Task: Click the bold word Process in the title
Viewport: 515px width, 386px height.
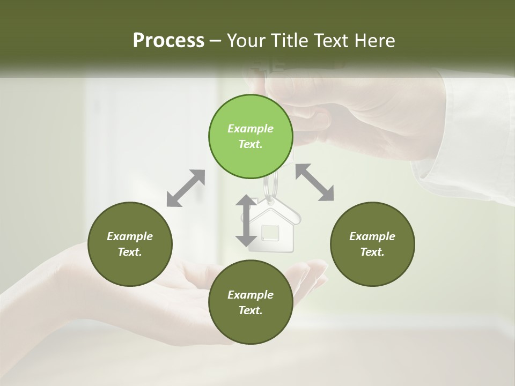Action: (x=168, y=41)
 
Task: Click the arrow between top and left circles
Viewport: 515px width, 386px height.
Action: (x=186, y=188)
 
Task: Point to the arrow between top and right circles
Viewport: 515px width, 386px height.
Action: (x=314, y=182)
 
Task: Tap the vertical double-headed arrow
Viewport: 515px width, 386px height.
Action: (x=246, y=221)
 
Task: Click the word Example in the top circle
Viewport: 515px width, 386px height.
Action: (x=251, y=129)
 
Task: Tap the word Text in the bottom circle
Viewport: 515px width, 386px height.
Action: (x=250, y=310)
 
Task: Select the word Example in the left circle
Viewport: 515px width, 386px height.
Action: (x=130, y=236)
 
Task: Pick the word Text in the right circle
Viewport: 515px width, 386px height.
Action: (x=372, y=252)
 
